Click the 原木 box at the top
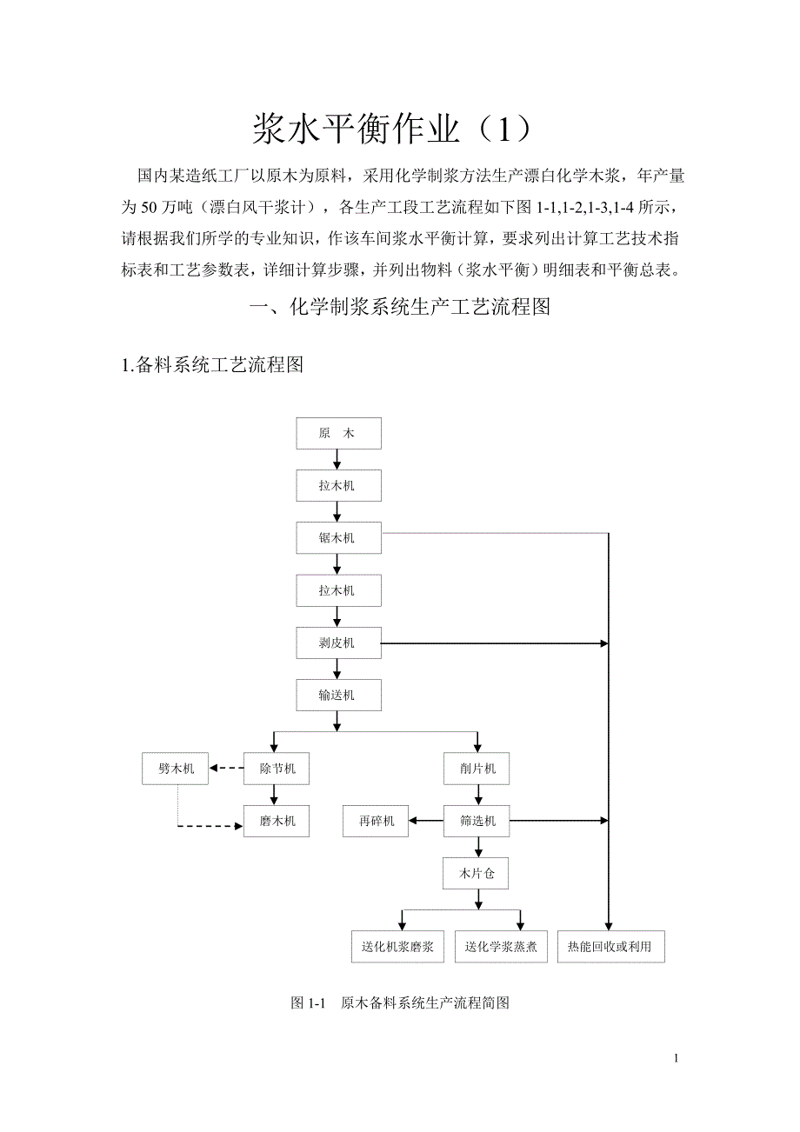[x=338, y=434]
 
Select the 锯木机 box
[x=338, y=538]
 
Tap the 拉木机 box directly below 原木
[x=338, y=486]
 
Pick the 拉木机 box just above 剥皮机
[x=338, y=591]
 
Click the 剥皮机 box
[x=338, y=644]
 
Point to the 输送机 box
[x=338, y=696]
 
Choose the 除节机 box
[x=276, y=769]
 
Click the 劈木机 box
[x=176, y=769]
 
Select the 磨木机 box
[x=276, y=821]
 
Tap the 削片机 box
[x=477, y=769]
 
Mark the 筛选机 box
[x=477, y=821]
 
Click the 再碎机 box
[x=376, y=821]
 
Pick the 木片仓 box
[x=477, y=874]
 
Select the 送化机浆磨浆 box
[x=397, y=946]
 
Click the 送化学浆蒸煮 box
[x=499, y=946]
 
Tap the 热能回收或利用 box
[x=610, y=946]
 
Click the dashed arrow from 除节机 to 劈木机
[x=226, y=769]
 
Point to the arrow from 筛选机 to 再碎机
[x=426, y=821]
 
